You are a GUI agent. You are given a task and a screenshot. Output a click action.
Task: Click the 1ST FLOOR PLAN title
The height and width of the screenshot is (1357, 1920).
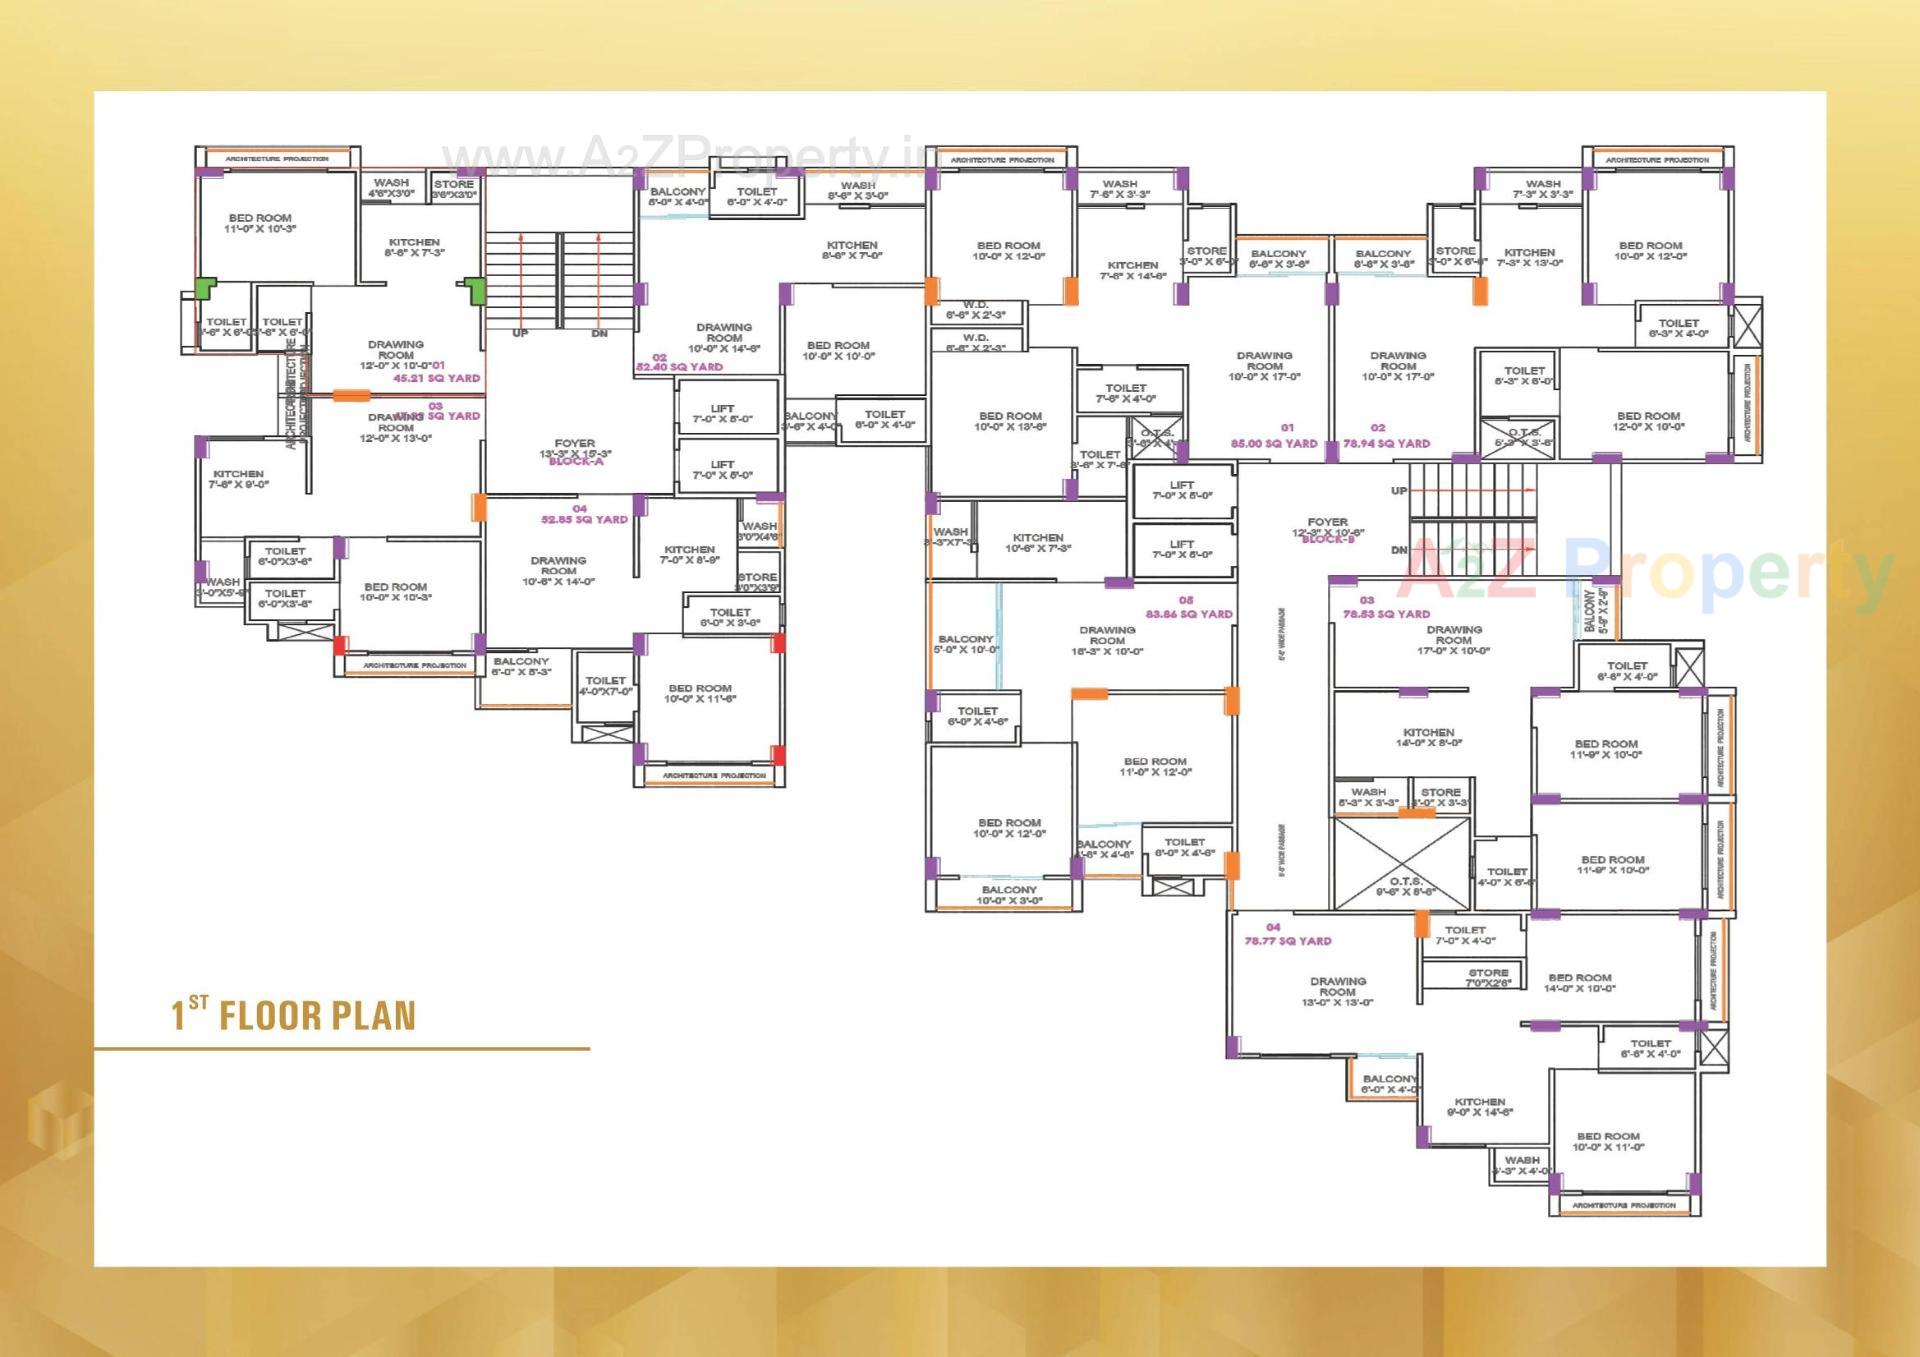click(293, 1014)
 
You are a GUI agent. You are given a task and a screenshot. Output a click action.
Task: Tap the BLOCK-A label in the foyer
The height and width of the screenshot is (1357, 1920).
click(576, 462)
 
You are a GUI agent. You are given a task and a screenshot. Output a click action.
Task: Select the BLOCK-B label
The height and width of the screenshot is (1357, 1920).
click(1327, 539)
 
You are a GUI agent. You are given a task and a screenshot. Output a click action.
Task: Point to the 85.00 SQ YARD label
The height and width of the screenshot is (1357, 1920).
click(1274, 443)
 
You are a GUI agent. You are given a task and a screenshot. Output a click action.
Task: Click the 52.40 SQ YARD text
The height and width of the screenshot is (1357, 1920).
click(679, 367)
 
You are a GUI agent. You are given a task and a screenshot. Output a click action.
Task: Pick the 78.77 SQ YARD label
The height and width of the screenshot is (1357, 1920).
click(1288, 941)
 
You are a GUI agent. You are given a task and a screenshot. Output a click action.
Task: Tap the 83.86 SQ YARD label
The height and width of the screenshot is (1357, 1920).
click(1189, 614)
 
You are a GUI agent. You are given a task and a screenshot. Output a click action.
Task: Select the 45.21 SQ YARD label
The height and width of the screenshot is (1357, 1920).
click(436, 379)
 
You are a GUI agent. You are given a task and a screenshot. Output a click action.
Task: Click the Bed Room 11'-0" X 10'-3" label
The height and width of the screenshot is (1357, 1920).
click(260, 223)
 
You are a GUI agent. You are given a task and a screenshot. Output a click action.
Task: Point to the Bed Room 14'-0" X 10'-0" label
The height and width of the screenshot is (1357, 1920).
click(1580, 983)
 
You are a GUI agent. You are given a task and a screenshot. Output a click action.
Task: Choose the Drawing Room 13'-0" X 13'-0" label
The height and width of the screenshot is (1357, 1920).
click(1337, 992)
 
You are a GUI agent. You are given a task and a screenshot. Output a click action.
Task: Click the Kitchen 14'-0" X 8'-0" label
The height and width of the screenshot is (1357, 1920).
click(1428, 738)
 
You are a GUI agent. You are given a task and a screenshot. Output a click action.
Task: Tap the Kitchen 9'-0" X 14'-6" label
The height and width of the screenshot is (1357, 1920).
click(1480, 1107)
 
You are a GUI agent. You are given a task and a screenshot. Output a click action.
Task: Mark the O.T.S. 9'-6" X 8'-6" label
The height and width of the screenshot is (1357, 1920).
click(1406, 886)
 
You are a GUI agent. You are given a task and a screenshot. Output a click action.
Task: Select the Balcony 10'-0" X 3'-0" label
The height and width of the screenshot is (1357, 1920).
click(1009, 895)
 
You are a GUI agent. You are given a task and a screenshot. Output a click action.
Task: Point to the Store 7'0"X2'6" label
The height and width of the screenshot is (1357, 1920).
click(1488, 978)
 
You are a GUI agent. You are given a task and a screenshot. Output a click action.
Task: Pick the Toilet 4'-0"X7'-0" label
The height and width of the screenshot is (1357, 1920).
click(605, 686)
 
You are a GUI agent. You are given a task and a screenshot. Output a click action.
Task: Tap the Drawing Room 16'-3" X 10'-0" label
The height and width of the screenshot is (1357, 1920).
click(1107, 641)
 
